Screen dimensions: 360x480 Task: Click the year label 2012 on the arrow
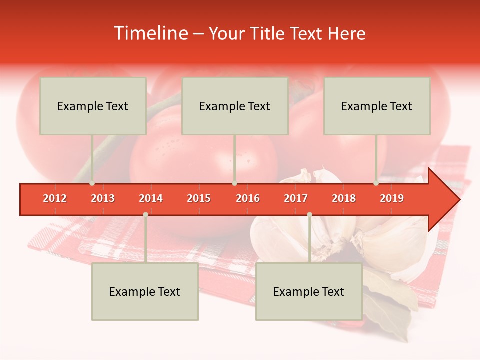point(55,198)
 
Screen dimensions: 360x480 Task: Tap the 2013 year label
point(103,198)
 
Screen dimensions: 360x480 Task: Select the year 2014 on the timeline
point(151,198)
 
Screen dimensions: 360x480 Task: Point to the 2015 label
point(199,198)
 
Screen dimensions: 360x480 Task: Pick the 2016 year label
point(248,198)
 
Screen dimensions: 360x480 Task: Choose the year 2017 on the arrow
point(296,198)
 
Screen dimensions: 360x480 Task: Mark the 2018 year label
point(344,198)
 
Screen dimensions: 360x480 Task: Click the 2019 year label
point(392,198)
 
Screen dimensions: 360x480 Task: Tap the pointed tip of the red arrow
point(458,199)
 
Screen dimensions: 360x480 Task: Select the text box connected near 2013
point(93,106)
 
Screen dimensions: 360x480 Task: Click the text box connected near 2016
point(235,106)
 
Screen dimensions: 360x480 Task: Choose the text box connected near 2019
point(377,106)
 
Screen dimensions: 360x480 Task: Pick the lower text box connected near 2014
point(145,291)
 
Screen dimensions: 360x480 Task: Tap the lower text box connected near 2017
point(309,291)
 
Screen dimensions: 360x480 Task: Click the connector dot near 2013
point(92,183)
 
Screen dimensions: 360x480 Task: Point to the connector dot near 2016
point(234,183)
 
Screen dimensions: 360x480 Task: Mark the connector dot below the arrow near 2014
point(145,214)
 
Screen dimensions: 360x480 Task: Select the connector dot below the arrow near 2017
point(309,214)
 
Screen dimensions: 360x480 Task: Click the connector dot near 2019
point(376,183)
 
